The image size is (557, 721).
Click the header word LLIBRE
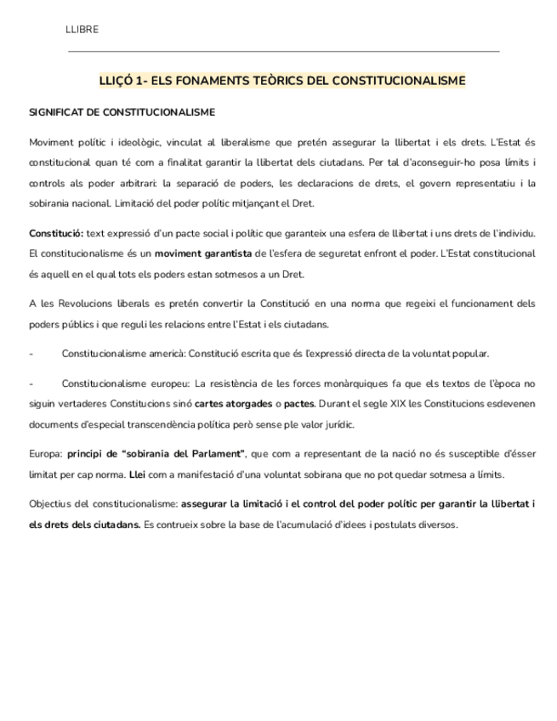pyautogui.click(x=82, y=30)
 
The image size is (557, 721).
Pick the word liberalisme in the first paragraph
pyautogui.click(x=239, y=142)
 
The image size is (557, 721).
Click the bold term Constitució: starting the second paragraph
pyautogui.click(x=56, y=233)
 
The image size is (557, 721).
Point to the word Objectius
pyautogui.click(x=50, y=504)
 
